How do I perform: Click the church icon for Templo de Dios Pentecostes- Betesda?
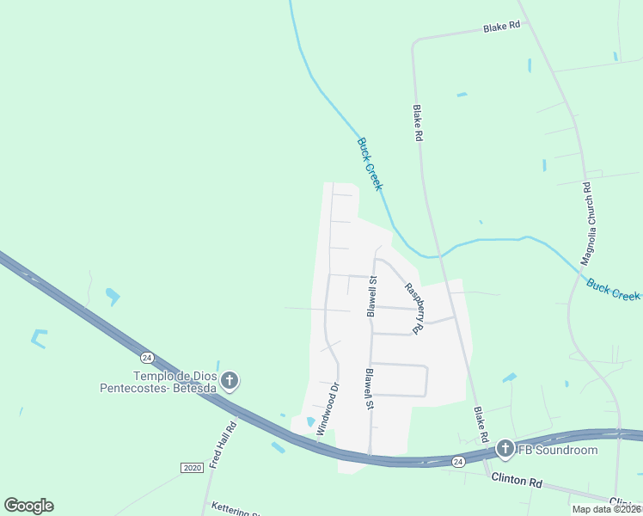230,380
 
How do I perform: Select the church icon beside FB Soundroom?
505,448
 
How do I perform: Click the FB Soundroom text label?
556,450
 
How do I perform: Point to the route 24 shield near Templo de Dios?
148,357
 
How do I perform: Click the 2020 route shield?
192,467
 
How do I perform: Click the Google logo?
28,506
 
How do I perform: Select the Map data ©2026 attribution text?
605,509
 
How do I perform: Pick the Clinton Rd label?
516,482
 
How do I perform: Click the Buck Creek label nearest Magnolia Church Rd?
613,289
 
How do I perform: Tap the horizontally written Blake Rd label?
502,27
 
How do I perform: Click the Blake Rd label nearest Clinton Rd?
481,419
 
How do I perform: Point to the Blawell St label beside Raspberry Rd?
371,297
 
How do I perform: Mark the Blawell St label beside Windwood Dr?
368,390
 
